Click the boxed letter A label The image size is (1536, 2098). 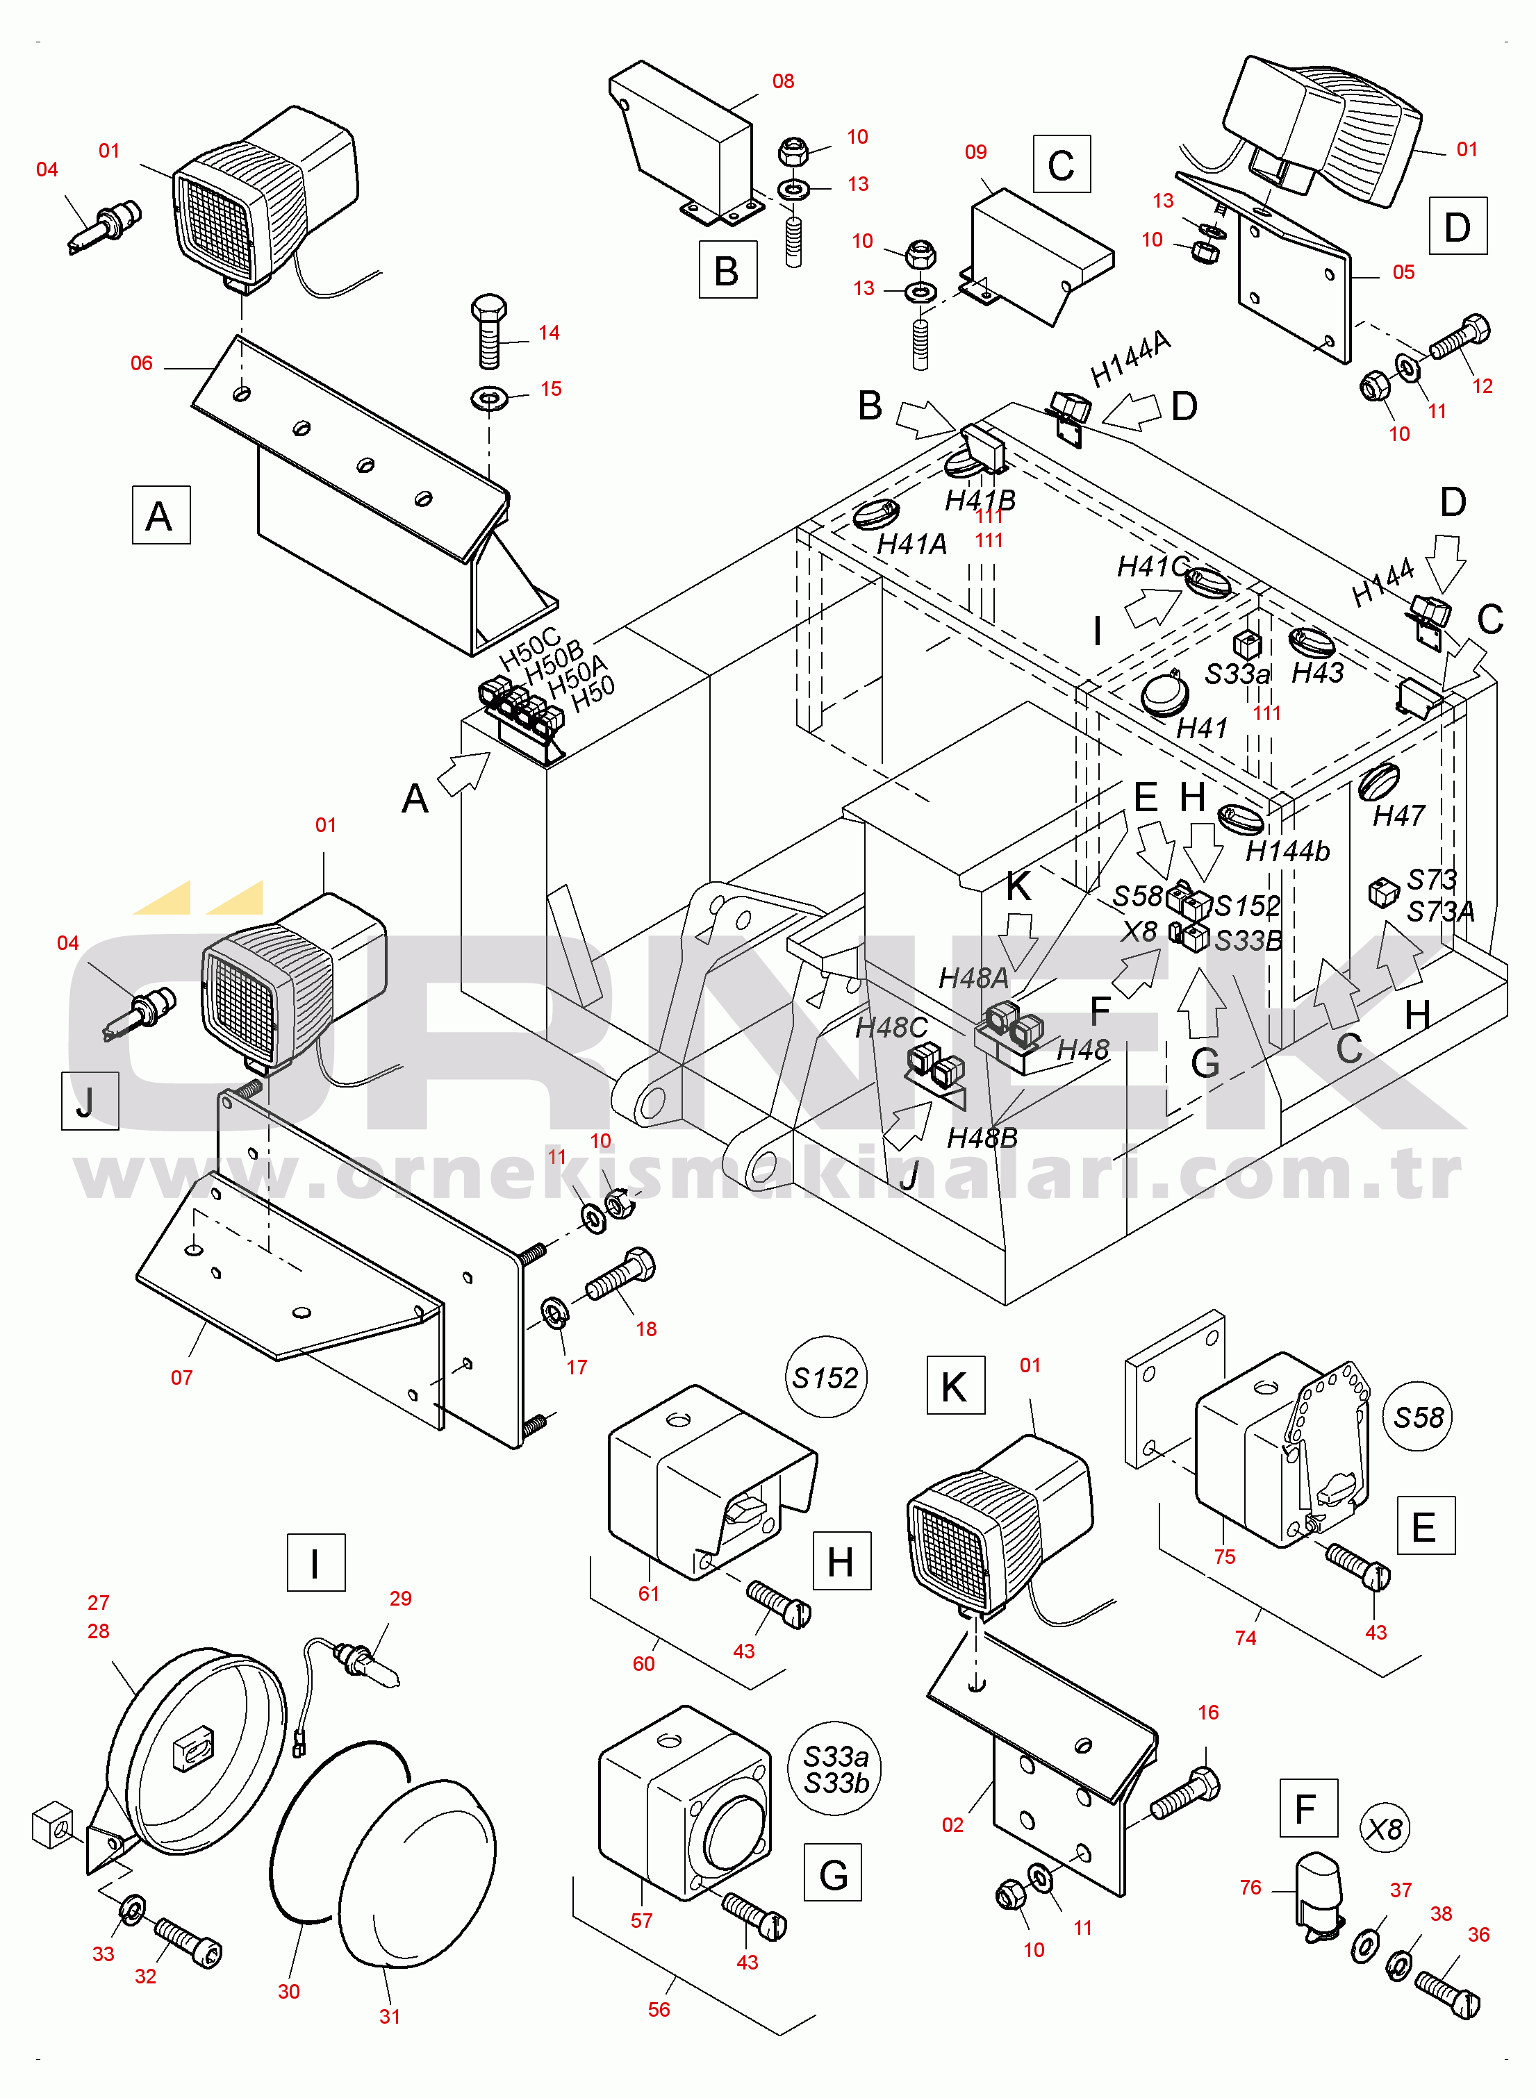click(x=161, y=515)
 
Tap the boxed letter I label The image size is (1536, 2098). click(x=315, y=1563)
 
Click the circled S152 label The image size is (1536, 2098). click(x=825, y=1378)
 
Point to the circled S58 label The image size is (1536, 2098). click(x=1418, y=1417)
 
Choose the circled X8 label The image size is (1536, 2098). click(x=1385, y=1829)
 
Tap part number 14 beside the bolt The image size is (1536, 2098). click(x=549, y=333)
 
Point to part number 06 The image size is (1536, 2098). click(x=141, y=363)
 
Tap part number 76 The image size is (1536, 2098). click(x=1250, y=1887)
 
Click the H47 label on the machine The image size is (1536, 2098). click(x=1398, y=815)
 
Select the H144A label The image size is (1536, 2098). click(x=1130, y=358)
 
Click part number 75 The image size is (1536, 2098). click(x=1225, y=1557)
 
